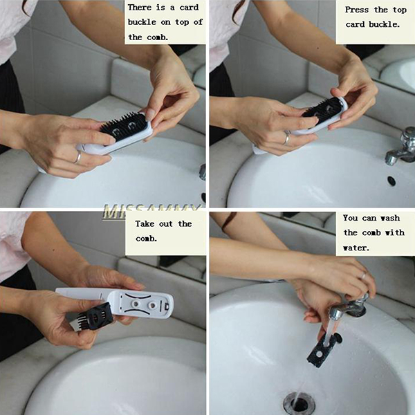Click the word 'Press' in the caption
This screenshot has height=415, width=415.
[356, 10]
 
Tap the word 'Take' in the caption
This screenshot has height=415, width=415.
[145, 224]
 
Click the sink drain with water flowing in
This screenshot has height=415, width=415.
[299, 404]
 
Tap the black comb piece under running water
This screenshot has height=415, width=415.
[324, 350]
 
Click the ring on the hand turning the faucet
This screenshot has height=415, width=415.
[364, 276]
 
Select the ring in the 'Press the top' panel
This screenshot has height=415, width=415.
[287, 137]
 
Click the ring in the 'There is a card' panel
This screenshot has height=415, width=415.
[77, 157]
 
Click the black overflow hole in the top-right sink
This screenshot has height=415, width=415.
[391, 181]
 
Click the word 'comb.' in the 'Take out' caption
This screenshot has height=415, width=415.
[147, 239]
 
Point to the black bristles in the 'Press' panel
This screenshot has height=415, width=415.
[322, 108]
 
